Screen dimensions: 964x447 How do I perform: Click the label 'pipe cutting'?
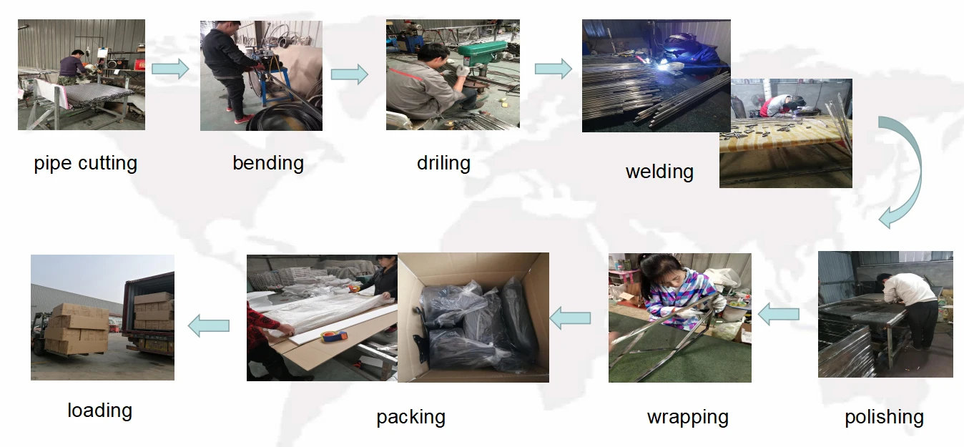point(85,164)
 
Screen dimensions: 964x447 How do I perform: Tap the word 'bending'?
point(268,163)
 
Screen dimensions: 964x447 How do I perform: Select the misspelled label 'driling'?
point(443,163)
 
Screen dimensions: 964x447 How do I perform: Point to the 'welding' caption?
point(659,172)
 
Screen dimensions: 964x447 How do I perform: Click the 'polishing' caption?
point(884,417)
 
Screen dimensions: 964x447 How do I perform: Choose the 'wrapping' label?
point(687,417)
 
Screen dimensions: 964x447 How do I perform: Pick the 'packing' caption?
point(410,417)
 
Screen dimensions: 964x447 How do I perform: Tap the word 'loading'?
point(99,411)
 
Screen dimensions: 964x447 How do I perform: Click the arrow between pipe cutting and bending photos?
point(170,69)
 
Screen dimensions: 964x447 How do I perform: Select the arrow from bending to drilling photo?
point(349,74)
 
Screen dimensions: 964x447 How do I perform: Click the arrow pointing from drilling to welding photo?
point(554,69)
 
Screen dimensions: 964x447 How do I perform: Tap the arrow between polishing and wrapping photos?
point(778,313)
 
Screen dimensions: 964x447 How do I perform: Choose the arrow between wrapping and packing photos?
point(570,318)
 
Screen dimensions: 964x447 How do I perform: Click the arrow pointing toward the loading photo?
point(209,325)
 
